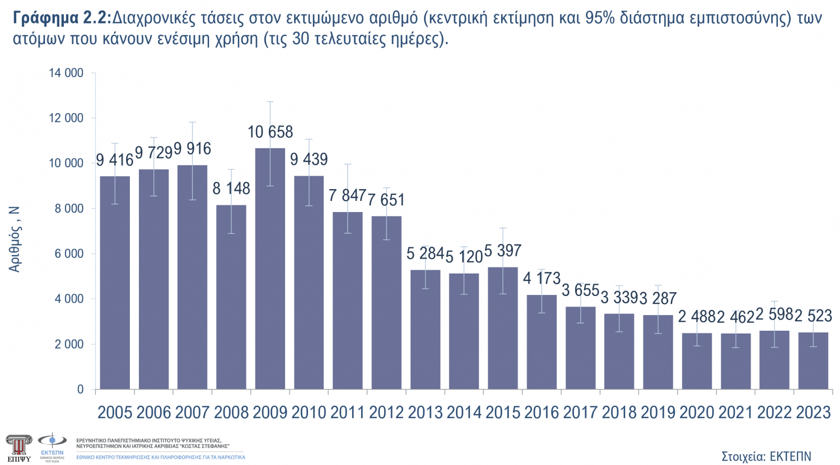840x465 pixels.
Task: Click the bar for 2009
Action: pyautogui.click(x=270, y=269)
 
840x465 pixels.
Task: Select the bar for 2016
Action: pyautogui.click(x=542, y=341)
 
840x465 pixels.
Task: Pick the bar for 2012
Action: pyautogui.click(x=386, y=302)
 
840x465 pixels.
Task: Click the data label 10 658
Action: pyautogui.click(x=270, y=132)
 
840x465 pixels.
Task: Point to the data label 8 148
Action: pyautogui.click(x=231, y=189)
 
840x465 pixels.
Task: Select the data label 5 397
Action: pyautogui.click(x=503, y=251)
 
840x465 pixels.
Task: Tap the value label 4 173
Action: pyautogui.click(x=542, y=278)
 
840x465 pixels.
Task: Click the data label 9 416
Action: pyautogui.click(x=115, y=161)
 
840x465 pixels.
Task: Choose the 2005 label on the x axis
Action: pyautogui.click(x=115, y=413)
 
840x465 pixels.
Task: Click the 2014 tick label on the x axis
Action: pyautogui.click(x=464, y=413)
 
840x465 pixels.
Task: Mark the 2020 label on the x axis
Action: pyautogui.click(x=697, y=413)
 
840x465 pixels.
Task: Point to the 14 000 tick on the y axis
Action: pyautogui.click(x=66, y=73)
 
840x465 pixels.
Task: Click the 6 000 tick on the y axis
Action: pyautogui.click(x=69, y=254)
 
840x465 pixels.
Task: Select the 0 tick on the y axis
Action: pyautogui.click(x=80, y=389)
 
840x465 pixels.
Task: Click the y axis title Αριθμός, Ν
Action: pyautogui.click(x=15, y=239)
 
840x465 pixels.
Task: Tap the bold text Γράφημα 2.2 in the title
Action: pyautogui.click(x=60, y=18)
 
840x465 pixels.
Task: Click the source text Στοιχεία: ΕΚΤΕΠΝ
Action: pyautogui.click(x=766, y=456)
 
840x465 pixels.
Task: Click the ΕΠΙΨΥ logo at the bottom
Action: pyautogui.click(x=18, y=447)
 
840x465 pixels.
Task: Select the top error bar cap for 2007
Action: pyautogui.click(x=193, y=122)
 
